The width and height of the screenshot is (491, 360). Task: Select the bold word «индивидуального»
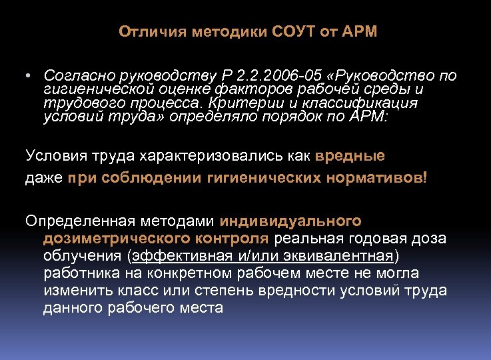coord(290,221)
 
